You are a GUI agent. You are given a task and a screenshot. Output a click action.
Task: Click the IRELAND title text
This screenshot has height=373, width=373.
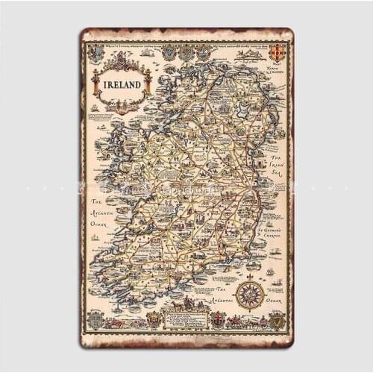pos(121,84)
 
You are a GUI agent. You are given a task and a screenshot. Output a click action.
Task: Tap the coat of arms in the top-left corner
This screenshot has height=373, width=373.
pos(96,53)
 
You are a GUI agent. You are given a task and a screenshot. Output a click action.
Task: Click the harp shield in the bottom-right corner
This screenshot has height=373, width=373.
pos(277,320)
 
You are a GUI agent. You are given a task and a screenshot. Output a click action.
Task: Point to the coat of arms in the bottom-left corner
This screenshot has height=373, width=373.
pos(95,320)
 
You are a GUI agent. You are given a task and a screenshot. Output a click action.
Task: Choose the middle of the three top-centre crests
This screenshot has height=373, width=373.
pos(186,52)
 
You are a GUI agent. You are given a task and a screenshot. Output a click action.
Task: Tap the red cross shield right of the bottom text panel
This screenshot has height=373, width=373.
pos(217,320)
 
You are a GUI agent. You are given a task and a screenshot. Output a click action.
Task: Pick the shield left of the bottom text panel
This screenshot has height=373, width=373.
pos(154,320)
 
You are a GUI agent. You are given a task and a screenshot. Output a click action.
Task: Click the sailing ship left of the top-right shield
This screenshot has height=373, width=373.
pos(256,53)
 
